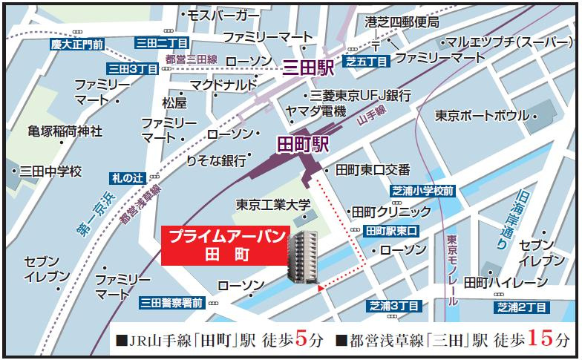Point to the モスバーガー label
223,15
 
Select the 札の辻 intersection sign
127,177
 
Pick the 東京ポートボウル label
481,116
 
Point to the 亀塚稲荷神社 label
65,131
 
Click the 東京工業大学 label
273,203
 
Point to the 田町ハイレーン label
496,282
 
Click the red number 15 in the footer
543,340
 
